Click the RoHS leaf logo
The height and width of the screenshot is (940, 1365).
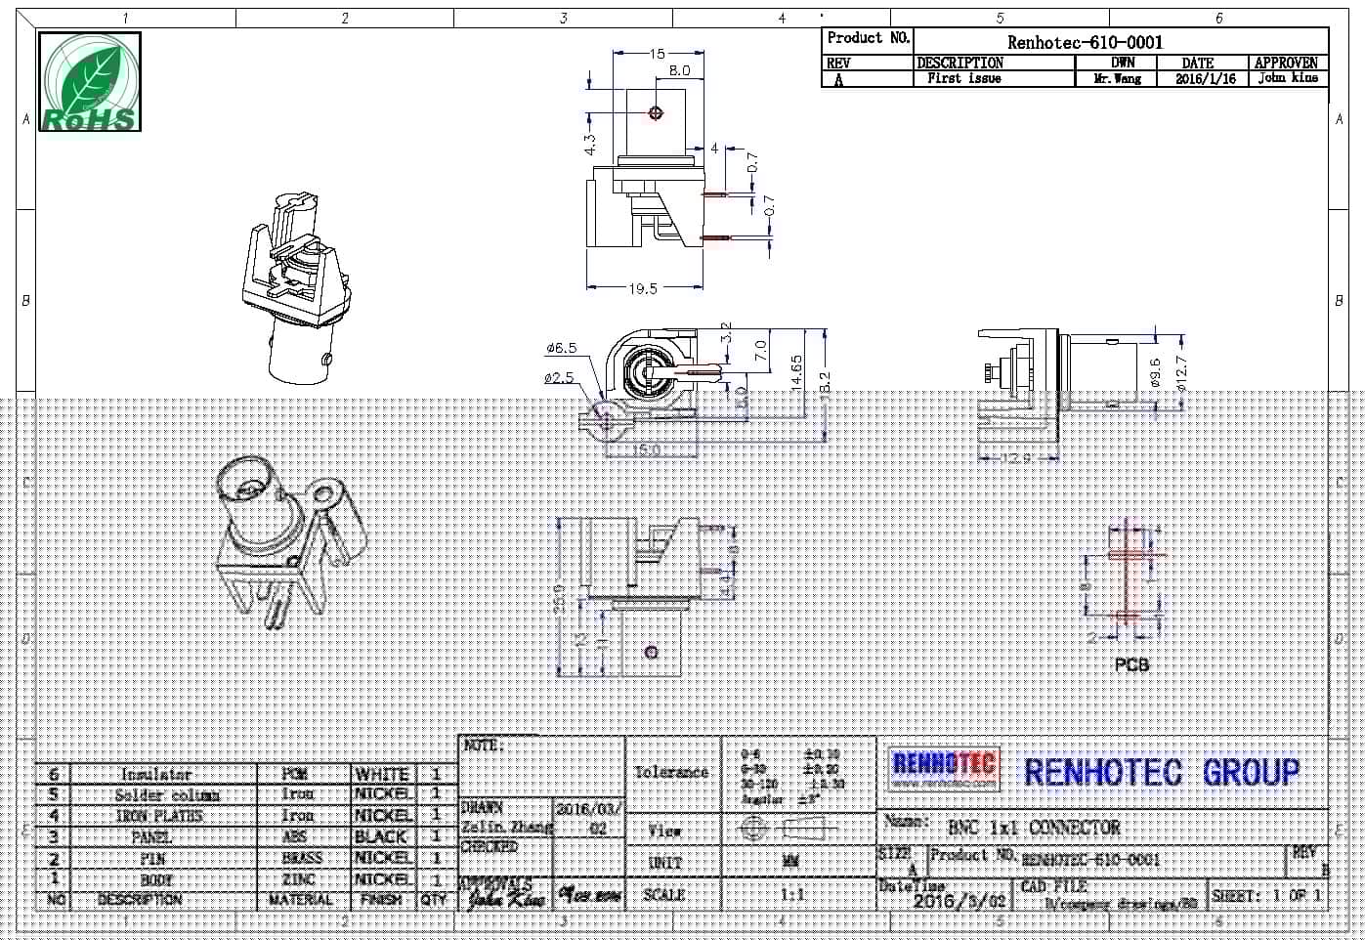[90, 82]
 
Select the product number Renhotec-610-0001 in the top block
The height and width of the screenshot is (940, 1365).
[1085, 42]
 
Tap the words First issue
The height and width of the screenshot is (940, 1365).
[963, 78]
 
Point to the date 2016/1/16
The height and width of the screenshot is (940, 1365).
[1205, 79]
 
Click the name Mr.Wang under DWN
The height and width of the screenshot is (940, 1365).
[1117, 79]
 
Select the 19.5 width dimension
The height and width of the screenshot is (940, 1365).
[642, 288]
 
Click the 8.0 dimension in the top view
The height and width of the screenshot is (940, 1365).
[679, 70]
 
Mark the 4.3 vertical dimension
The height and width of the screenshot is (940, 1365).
[590, 144]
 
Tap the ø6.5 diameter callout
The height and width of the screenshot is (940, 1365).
[561, 348]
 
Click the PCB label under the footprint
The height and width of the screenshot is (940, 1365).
[1131, 664]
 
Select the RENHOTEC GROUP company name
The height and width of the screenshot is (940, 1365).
[1162, 772]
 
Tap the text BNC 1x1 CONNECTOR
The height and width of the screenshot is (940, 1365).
[1034, 828]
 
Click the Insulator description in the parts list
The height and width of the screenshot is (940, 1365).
[156, 774]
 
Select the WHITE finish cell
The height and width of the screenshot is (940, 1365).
[382, 774]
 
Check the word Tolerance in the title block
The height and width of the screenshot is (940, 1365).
[671, 772]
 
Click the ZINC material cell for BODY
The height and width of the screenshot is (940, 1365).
[298, 879]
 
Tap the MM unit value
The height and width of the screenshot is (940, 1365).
[790, 862]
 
